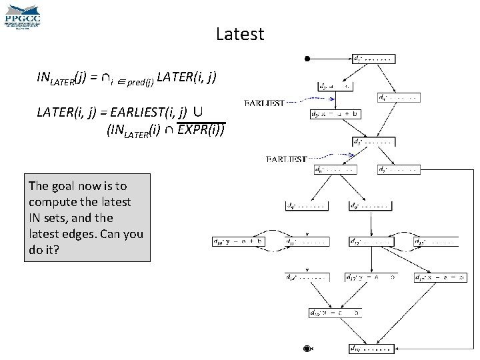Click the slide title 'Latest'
point(240,34)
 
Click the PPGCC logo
point(23,15)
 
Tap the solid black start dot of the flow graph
point(307,59)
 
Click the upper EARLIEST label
point(265,103)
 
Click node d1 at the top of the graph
point(373,59)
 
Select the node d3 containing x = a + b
point(336,114)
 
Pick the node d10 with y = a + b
point(238,241)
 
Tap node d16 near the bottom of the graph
point(335,312)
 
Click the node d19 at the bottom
point(371,348)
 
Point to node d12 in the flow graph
point(369,241)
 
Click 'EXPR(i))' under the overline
point(201,131)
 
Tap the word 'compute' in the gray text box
point(53,202)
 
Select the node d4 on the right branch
point(399,97)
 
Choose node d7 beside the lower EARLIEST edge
point(399,170)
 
